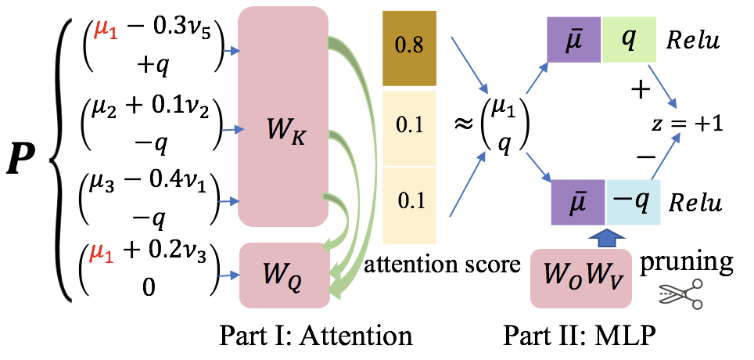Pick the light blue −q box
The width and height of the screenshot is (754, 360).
(x=633, y=202)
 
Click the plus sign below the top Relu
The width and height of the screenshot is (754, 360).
(x=641, y=90)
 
